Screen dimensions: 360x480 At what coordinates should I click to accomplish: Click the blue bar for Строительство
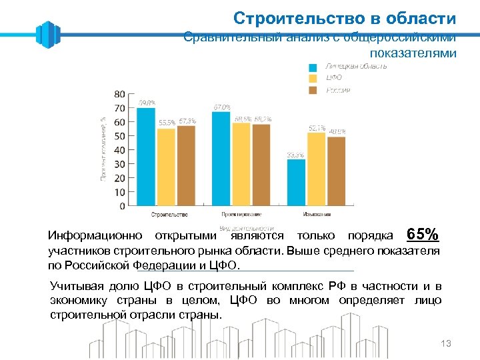[x=145, y=157]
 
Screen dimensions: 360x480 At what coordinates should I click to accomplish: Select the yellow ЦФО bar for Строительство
[x=166, y=167]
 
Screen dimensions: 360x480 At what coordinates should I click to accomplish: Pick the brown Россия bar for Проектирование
[x=261, y=165]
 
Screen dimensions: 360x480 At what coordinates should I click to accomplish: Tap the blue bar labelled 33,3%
[x=296, y=182]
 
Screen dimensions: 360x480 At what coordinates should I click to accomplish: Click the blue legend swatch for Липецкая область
[x=313, y=67]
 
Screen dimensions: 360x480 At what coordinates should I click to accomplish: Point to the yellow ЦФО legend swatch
[x=313, y=79]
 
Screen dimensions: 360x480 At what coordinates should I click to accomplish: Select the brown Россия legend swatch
[x=313, y=91]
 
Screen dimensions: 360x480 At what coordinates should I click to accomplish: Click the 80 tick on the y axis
[x=119, y=94]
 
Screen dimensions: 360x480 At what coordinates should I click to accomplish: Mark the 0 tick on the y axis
[x=122, y=206]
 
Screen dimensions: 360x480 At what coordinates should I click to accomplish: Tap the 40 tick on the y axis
[x=119, y=150]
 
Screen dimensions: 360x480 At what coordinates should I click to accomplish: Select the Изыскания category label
[x=316, y=215]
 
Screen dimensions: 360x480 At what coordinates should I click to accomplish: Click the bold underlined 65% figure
[x=423, y=235]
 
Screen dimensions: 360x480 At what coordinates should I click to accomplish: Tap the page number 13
[x=446, y=343]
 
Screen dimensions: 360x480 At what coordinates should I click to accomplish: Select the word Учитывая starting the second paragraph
[x=75, y=286]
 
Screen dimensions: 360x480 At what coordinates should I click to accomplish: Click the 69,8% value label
[x=147, y=103]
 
